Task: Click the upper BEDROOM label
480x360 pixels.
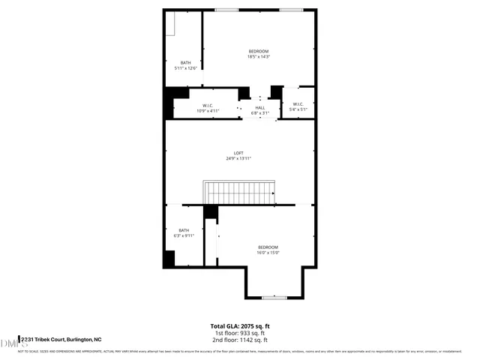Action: tap(258, 51)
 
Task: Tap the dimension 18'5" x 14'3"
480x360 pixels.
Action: tap(258, 56)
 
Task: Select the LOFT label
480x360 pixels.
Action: tap(238, 154)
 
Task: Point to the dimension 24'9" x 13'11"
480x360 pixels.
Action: tap(238, 159)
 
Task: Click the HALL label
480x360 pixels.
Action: tap(260, 108)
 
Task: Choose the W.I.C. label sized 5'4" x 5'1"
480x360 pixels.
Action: tap(298, 104)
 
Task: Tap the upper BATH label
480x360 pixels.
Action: tap(185, 63)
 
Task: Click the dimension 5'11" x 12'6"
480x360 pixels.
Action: tap(185, 68)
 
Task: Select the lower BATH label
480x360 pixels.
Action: tap(184, 230)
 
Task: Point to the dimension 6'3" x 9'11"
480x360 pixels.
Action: tap(184, 235)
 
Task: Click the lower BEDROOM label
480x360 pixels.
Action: tap(268, 247)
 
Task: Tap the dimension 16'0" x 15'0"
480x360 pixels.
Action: tap(268, 253)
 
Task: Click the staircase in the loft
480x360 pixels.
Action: tap(239, 192)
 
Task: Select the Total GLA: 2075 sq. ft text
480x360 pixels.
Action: tap(239, 326)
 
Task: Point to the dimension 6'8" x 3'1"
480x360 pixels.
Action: tap(260, 113)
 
